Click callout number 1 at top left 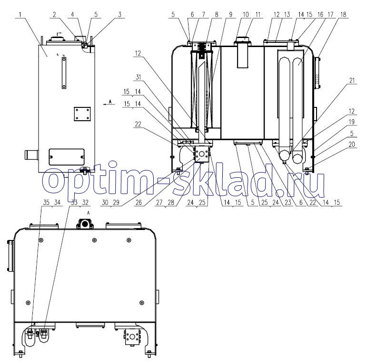(x=20, y=15)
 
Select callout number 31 (x=139, y=77)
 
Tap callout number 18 (x=343, y=15)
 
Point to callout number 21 (x=352, y=81)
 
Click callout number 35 (x=46, y=202)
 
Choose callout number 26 (x=139, y=202)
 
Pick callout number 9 (x=231, y=15)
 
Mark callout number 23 (x=288, y=202)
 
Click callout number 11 (x=258, y=15)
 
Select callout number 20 (x=352, y=144)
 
